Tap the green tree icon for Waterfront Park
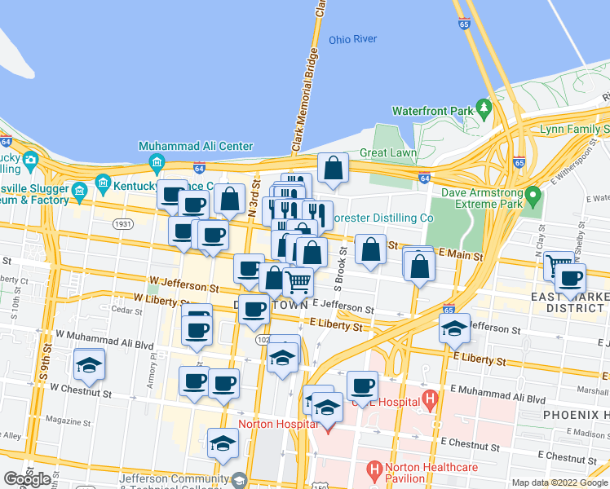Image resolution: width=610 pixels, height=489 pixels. pos(484,107)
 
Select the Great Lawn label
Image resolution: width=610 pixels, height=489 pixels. pos(388,152)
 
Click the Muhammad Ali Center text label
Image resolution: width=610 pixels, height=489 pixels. pos(196,147)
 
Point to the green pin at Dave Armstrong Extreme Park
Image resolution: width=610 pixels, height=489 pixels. pos(533,196)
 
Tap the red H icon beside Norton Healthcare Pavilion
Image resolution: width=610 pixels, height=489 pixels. pos(374,469)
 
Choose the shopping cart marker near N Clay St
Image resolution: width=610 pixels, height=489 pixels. pos(559,264)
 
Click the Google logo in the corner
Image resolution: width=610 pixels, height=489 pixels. pos(28,479)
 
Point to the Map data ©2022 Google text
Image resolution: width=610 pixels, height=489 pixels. pos(559,482)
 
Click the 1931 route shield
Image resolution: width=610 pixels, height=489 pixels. pos(124,224)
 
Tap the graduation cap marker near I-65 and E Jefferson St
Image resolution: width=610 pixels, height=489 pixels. pos(454,328)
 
